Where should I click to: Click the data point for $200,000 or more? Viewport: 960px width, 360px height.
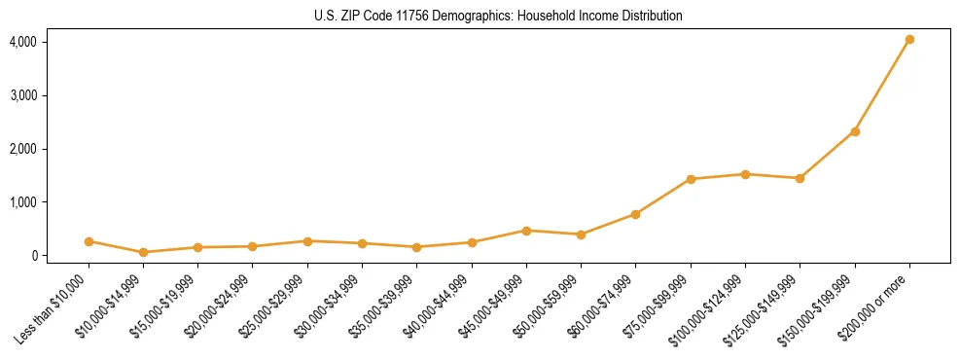(x=909, y=40)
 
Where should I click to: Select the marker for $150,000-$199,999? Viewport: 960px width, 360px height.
(x=855, y=131)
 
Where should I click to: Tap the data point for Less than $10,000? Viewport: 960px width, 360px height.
(x=89, y=241)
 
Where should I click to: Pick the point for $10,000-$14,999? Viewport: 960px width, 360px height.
(x=143, y=252)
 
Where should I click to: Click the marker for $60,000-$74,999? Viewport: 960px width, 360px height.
(x=636, y=214)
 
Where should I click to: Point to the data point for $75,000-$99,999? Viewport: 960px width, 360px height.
(x=691, y=179)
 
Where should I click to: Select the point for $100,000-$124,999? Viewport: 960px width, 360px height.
(x=745, y=174)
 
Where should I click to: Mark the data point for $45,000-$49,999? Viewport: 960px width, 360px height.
(x=526, y=231)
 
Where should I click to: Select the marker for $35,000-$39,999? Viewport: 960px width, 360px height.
(x=417, y=247)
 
